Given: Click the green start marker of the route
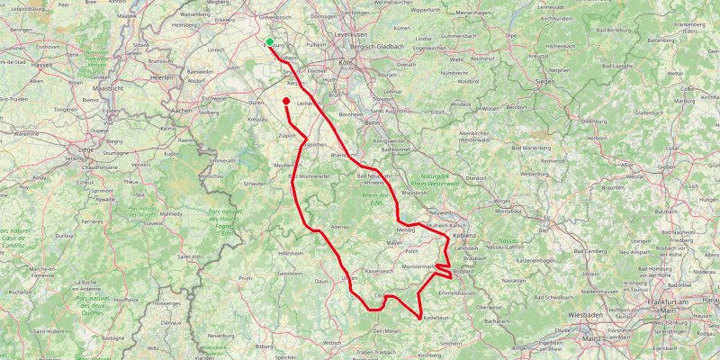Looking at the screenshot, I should [x=270, y=41].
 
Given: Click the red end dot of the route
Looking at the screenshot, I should [x=286, y=101].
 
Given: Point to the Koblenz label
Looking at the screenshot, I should [x=464, y=235].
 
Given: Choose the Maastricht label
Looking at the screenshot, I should [x=108, y=90].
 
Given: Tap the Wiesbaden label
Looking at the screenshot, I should [x=588, y=317].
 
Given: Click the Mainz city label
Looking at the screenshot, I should [x=590, y=338].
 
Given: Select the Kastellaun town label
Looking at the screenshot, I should [x=435, y=319].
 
